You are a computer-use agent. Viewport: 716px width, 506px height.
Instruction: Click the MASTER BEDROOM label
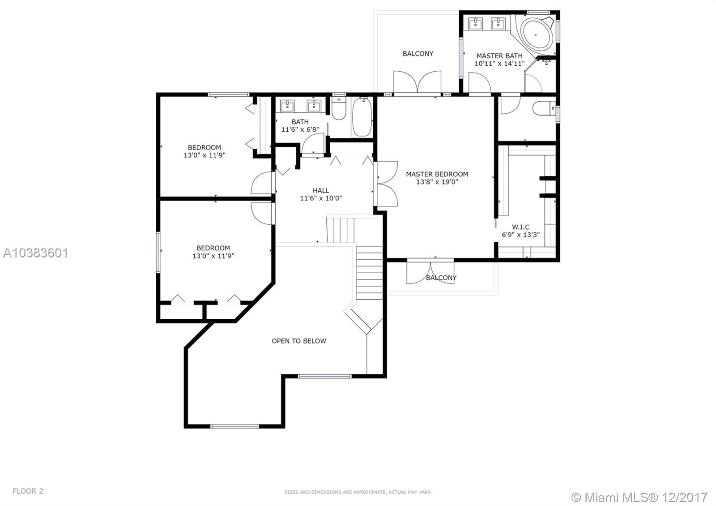[x=437, y=174]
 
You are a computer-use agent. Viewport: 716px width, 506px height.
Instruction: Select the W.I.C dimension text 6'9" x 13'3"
[x=520, y=235]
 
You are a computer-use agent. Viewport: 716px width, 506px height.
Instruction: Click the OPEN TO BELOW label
[x=299, y=341]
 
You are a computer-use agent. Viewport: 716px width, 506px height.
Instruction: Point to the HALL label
[x=321, y=190]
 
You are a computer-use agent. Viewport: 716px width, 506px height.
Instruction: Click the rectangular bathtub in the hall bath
[x=362, y=117]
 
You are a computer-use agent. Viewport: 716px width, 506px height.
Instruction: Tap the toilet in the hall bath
[x=338, y=110]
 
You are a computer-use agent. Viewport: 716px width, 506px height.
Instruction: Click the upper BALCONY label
[x=418, y=54]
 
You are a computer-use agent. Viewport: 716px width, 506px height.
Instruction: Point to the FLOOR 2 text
[x=28, y=491]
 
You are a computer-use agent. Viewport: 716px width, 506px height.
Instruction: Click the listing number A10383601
[x=35, y=253]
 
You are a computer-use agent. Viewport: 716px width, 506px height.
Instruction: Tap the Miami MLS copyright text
[x=639, y=497]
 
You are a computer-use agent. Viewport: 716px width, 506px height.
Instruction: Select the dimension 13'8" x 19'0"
[x=437, y=182]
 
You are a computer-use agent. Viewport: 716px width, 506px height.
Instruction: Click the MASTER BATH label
[x=499, y=56]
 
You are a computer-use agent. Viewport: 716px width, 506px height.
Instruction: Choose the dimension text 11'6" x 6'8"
[x=300, y=129]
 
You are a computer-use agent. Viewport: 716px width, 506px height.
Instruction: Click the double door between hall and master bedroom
[x=386, y=184]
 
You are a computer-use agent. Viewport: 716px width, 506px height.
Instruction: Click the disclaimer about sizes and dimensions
[x=358, y=492]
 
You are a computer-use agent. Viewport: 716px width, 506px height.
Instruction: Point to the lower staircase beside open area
[x=369, y=273]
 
